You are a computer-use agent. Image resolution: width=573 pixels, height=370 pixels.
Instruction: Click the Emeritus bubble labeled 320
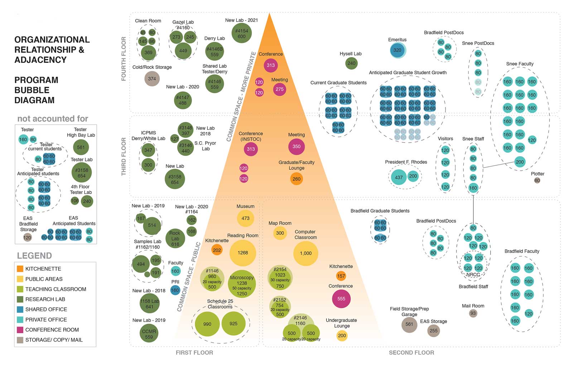397,50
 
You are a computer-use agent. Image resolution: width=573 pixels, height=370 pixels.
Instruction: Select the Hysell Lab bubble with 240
351,63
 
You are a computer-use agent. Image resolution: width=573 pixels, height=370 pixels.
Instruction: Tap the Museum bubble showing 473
245,218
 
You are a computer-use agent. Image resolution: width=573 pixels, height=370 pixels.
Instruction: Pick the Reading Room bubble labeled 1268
242,253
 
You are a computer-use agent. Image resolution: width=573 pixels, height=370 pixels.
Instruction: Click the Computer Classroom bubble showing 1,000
305,253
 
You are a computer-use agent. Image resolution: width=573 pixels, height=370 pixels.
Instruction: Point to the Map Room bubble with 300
280,233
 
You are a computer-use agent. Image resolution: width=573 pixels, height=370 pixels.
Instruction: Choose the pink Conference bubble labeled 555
341,299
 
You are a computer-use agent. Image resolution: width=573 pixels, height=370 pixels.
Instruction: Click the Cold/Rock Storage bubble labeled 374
152,79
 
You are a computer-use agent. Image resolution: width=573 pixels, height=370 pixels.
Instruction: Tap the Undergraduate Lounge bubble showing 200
342,336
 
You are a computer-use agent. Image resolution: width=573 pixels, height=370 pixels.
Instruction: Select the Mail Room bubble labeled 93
473,313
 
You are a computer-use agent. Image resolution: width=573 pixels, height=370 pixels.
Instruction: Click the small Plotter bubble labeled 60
537,181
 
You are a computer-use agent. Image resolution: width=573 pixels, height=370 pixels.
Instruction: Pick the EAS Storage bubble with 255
433,331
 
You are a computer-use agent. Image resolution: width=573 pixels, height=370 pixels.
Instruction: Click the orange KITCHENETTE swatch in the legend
20,269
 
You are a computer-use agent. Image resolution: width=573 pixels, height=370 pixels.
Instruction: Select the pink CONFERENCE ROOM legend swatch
20,329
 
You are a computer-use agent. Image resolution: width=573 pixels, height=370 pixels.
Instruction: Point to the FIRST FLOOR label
194,353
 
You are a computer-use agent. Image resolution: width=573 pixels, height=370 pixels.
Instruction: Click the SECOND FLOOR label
411,353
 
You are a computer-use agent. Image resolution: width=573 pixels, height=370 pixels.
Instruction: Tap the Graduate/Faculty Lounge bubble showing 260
296,179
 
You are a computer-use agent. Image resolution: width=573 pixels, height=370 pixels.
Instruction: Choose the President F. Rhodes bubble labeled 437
399,177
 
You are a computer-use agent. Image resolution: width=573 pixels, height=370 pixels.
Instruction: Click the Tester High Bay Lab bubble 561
81,147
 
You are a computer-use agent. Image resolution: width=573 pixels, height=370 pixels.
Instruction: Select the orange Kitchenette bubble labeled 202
217,250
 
